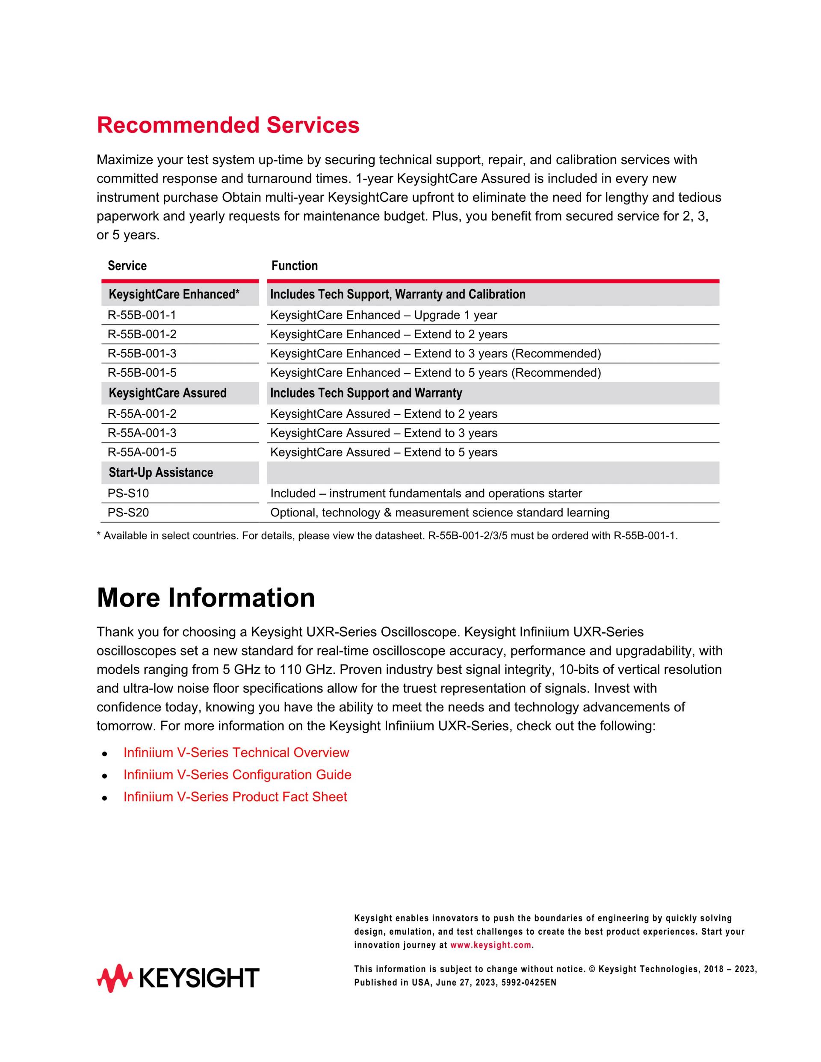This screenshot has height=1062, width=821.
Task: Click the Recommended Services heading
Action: pos(227,125)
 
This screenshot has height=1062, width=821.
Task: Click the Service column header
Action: pos(127,265)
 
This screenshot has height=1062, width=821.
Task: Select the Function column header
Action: pos(294,265)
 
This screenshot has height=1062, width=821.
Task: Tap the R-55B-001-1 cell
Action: pos(142,315)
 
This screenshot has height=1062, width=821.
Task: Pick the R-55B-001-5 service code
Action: pos(142,372)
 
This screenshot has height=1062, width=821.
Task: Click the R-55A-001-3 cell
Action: pos(142,433)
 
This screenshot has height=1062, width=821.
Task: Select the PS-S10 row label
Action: pos(128,493)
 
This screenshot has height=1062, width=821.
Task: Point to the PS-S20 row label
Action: pos(128,513)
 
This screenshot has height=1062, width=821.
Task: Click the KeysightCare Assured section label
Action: pos(167,393)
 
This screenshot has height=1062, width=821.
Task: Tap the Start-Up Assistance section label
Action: pos(160,473)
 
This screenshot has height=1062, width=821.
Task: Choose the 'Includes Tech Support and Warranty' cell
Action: pos(366,393)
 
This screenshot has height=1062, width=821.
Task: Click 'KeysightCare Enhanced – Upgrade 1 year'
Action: pos(383,315)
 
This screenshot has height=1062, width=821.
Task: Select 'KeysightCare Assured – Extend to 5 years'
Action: pos(383,452)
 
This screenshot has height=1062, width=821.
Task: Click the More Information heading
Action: pos(205,598)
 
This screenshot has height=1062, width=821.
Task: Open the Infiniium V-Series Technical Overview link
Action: pos(236,752)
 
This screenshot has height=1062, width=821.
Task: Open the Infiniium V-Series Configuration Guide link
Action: pos(237,775)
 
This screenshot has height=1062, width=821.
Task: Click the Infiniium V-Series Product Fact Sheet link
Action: pos(235,796)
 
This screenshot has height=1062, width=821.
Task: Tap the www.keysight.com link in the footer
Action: pos(491,945)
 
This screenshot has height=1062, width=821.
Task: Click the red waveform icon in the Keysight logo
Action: pos(114,978)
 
